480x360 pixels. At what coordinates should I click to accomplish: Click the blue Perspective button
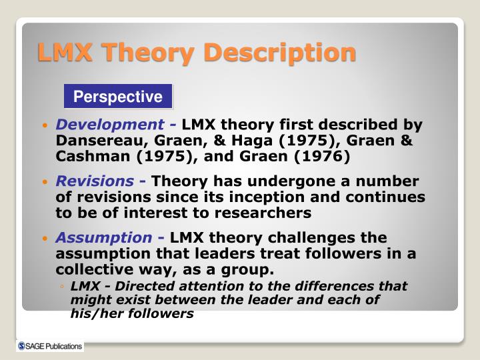coord(118,97)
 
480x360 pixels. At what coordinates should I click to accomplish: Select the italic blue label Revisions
coord(94,181)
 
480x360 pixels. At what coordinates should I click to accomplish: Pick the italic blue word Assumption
coord(103,238)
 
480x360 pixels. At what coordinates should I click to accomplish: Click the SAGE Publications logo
coord(50,346)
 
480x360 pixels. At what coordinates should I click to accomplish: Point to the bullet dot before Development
coord(45,126)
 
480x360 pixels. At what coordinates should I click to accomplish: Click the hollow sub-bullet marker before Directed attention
coord(61,287)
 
